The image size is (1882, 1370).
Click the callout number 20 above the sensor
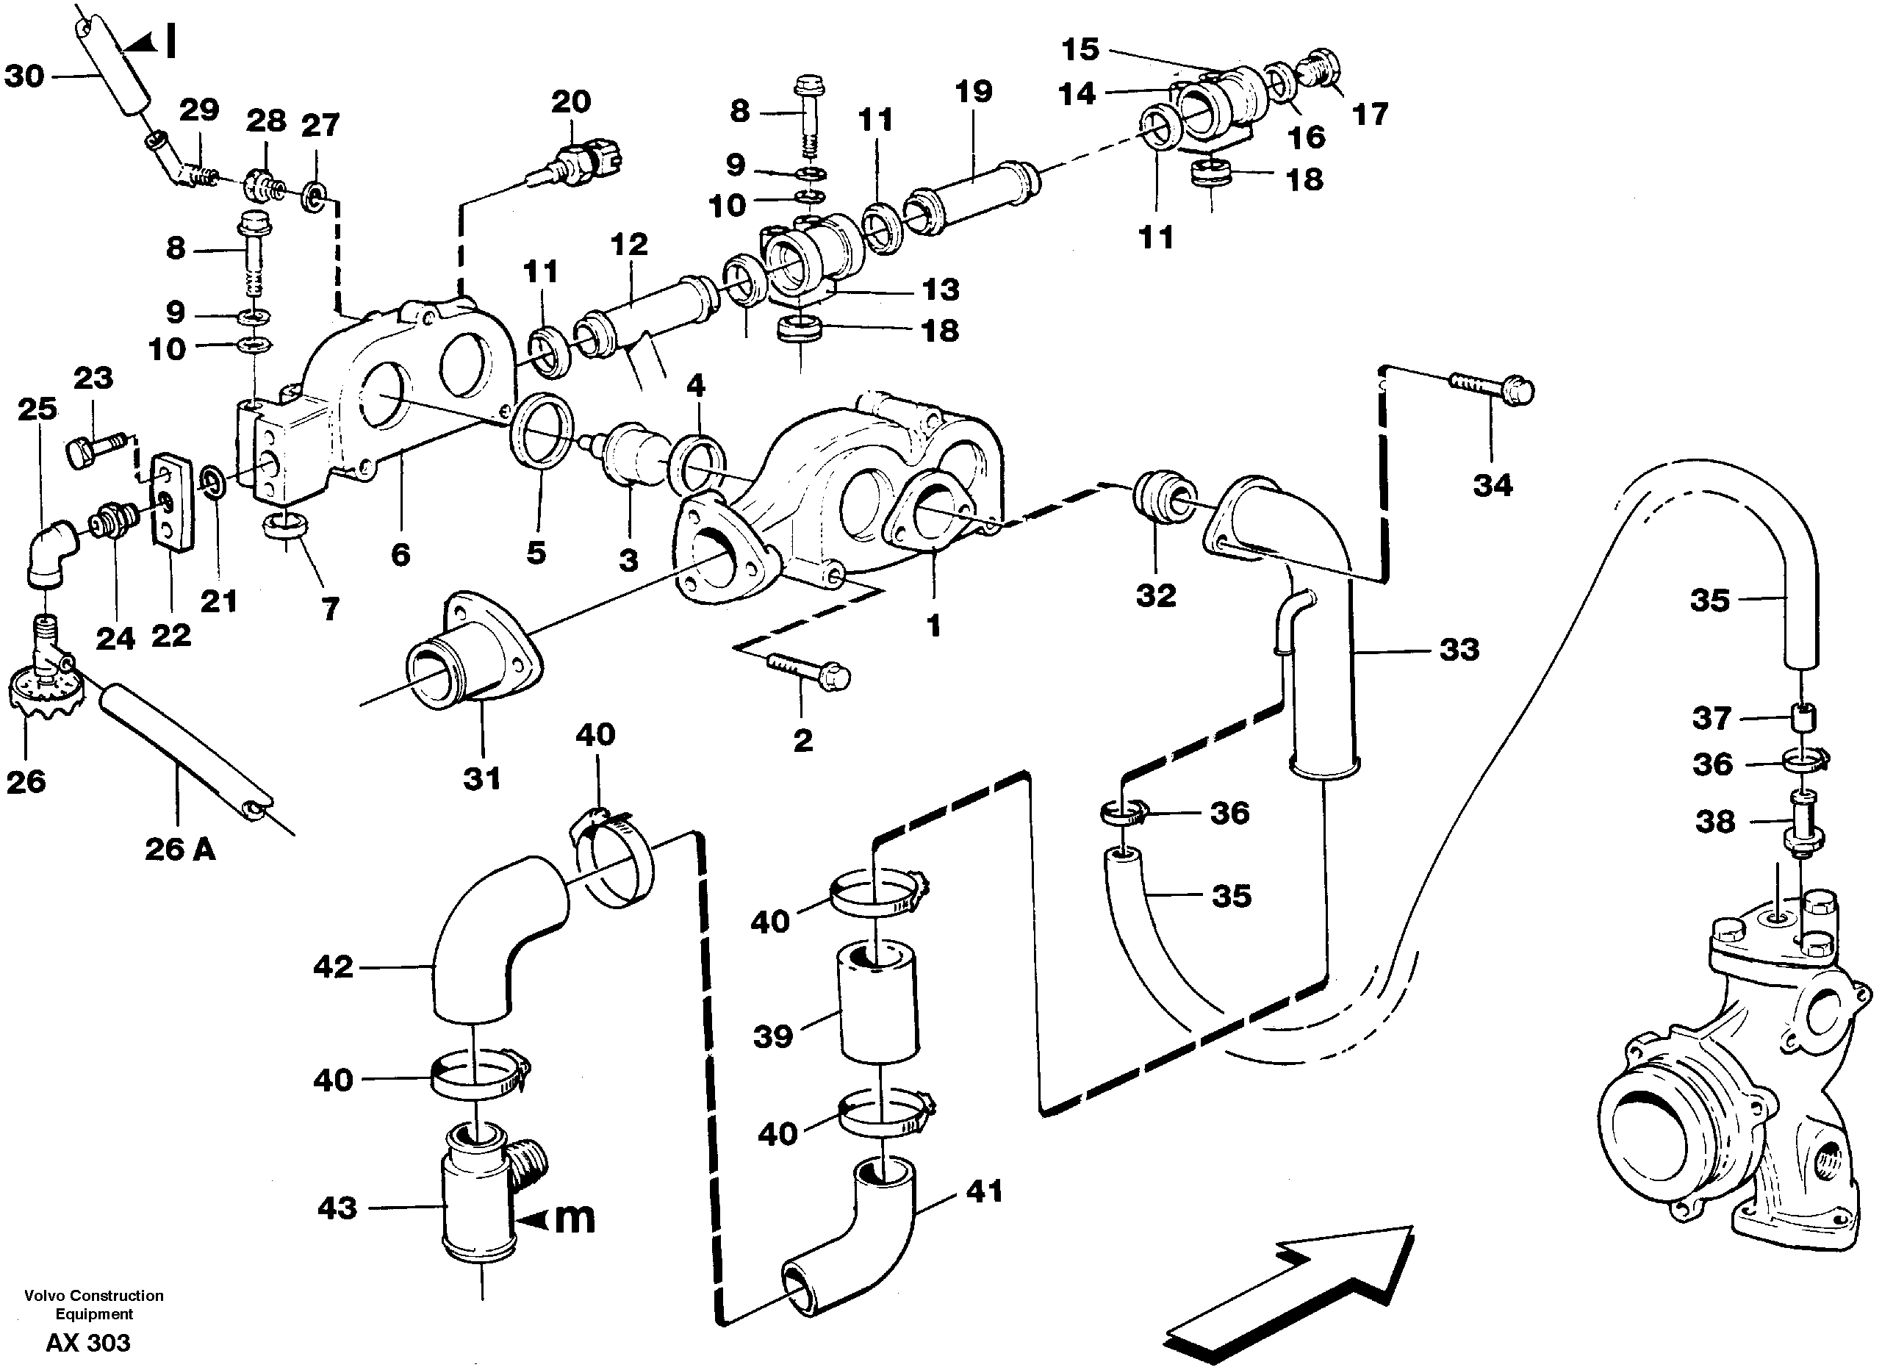tap(570, 102)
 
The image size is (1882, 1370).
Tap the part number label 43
tap(337, 1208)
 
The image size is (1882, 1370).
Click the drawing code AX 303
tap(88, 1343)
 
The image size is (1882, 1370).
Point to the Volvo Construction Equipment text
tap(94, 1305)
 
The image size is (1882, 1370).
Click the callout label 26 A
tap(180, 849)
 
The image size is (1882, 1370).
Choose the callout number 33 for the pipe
tap(1459, 649)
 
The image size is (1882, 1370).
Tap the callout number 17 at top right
tap(1370, 114)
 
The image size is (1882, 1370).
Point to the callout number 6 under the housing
tap(401, 553)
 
